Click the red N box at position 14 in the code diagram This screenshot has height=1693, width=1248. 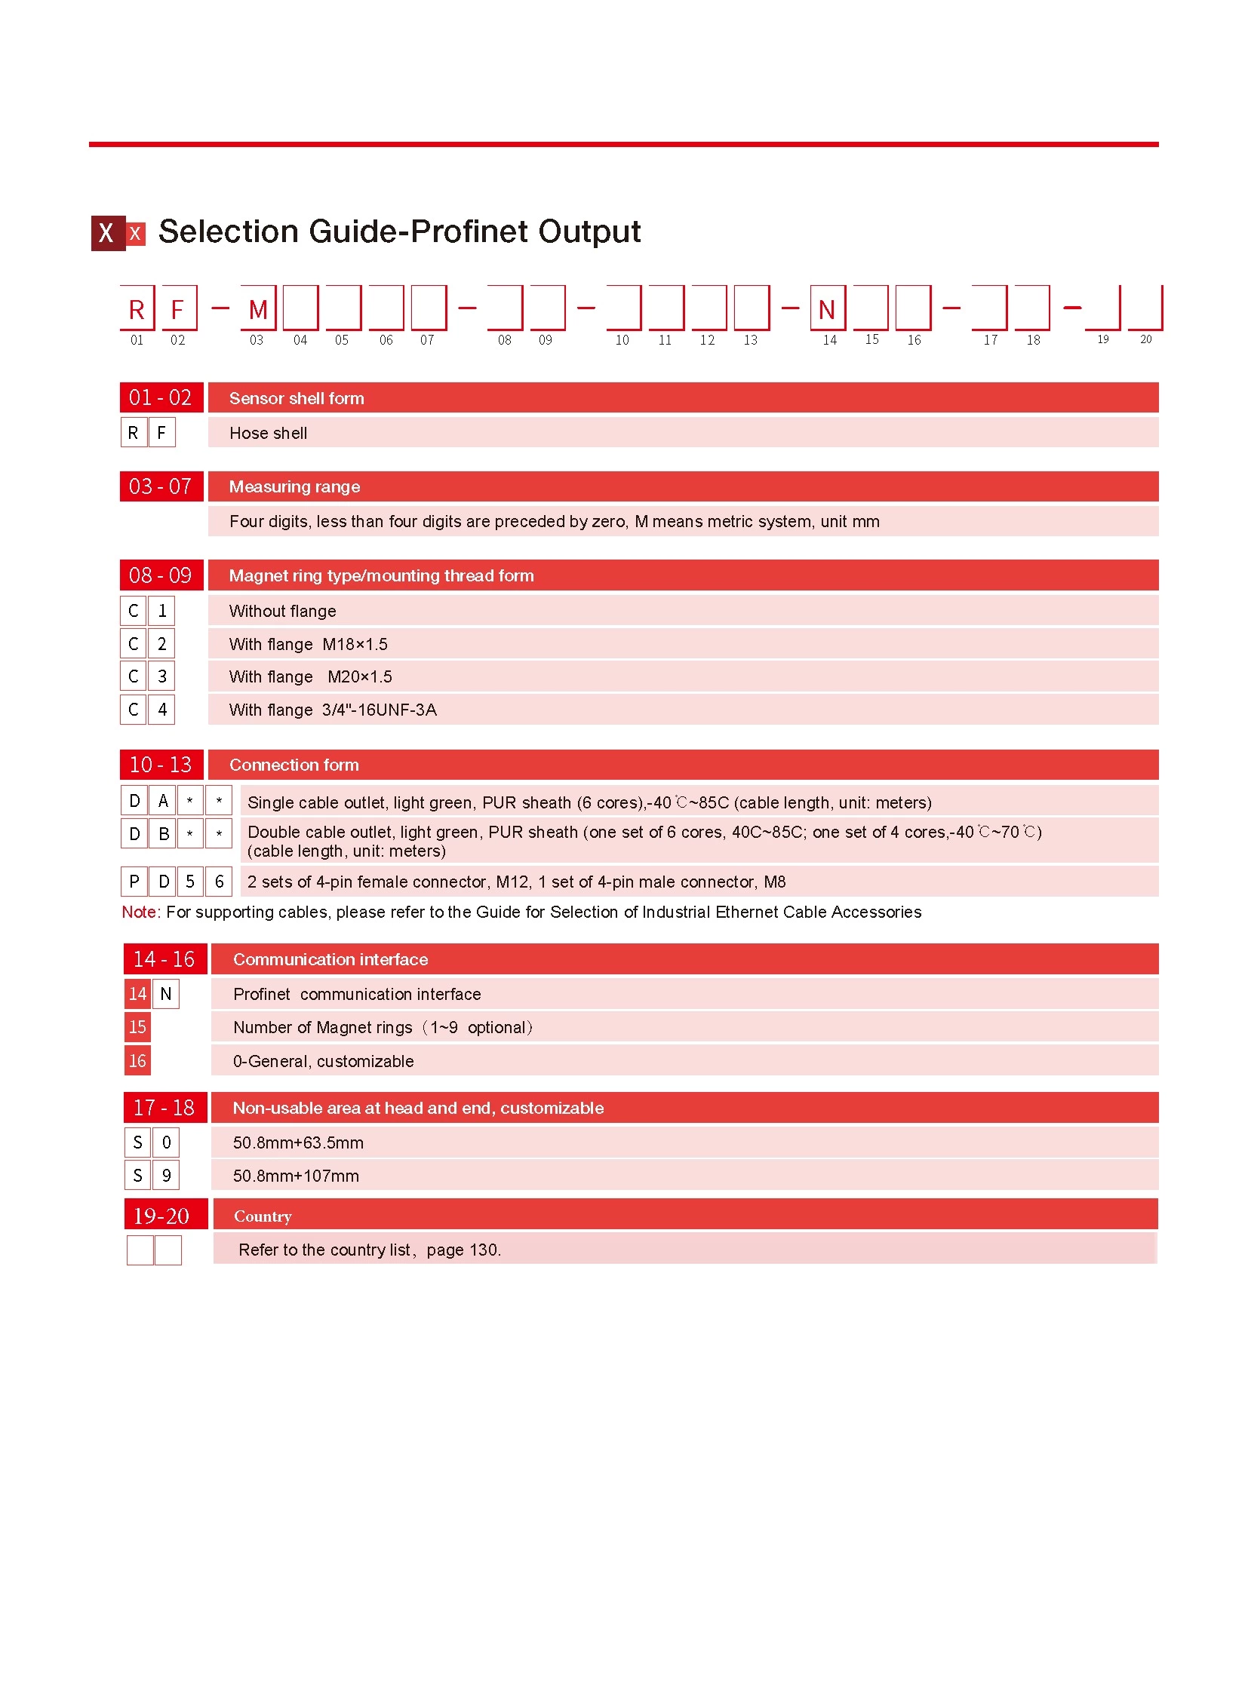827,308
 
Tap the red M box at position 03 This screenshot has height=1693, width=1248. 257,308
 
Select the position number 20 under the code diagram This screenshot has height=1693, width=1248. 1145,340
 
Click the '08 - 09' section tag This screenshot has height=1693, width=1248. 161,575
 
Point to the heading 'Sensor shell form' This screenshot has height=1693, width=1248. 296,398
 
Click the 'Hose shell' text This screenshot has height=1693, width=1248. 268,434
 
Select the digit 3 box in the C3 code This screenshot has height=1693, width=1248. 161,676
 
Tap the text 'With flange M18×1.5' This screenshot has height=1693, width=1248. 308,644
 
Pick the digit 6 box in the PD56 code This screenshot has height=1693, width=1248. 219,882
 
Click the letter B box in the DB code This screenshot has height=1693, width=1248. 163,833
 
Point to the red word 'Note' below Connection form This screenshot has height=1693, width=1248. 140,912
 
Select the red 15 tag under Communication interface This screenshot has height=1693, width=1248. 137,1027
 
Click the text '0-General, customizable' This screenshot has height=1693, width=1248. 324,1061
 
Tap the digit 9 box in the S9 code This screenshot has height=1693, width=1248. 166,1176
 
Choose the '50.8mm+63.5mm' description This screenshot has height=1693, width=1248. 298,1142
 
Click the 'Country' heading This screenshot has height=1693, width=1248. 263,1216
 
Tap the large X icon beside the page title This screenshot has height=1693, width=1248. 107,232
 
